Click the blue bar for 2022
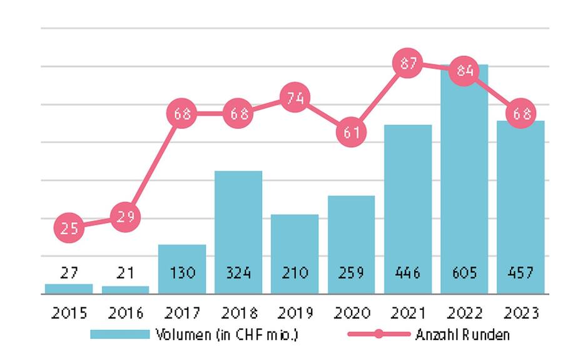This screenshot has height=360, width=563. pos(464,188)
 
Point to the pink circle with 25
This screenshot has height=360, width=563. pos(69,228)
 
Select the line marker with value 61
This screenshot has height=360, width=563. pos(352,132)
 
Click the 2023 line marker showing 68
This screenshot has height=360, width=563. pos(521,114)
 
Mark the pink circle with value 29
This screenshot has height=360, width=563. pos(125,217)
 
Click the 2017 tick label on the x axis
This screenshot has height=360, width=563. pos(182,312)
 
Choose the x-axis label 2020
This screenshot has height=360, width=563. pos(352,312)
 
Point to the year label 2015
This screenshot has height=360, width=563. pos(69,312)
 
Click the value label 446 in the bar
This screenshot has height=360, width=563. pos(408,273)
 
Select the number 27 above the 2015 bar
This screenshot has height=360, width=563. pos(69,273)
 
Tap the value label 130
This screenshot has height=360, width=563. pos(182,273)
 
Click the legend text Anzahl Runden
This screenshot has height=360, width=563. pos(462,334)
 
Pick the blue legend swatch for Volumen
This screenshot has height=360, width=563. pos(119,334)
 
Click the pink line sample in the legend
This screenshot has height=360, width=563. pos(378,334)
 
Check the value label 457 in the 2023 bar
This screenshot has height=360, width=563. pos(521,273)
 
